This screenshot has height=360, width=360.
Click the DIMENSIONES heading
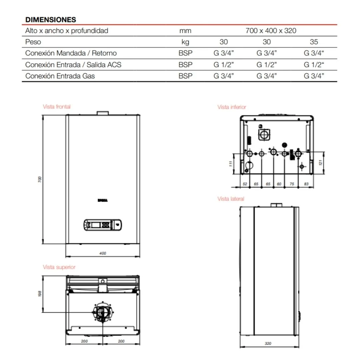tap(51, 20)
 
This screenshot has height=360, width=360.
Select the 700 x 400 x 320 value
tap(271, 31)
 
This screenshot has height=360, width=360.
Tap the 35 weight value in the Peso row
tap(314, 42)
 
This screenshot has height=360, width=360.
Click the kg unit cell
tap(185, 42)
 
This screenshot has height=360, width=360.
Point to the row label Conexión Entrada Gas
tap(60, 76)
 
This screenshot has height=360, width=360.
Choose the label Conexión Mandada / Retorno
tap(71, 53)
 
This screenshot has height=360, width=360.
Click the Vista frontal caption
tap(57, 107)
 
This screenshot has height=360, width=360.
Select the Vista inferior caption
tap(232, 107)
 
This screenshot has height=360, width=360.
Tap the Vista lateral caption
tap(231, 199)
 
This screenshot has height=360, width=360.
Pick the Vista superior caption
tap(59, 267)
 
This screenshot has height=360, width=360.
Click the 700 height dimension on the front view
tap(40, 179)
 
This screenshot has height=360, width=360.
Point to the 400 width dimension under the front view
tap(103, 253)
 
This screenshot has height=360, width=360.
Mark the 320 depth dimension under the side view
tap(268, 344)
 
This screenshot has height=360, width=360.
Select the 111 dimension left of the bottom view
tap(230, 163)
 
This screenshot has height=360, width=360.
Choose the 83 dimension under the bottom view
tap(306, 184)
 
